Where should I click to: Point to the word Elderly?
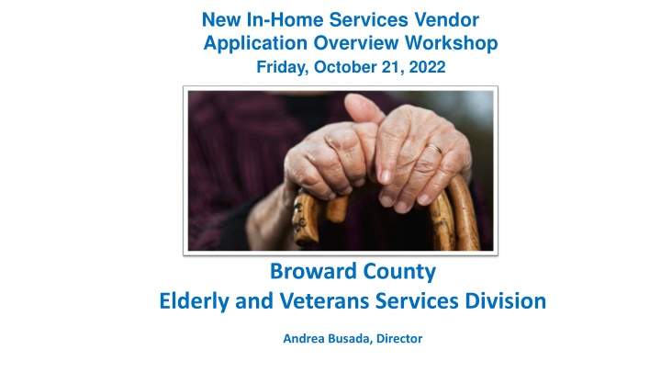click(195, 300)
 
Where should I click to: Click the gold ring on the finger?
click(433, 149)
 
